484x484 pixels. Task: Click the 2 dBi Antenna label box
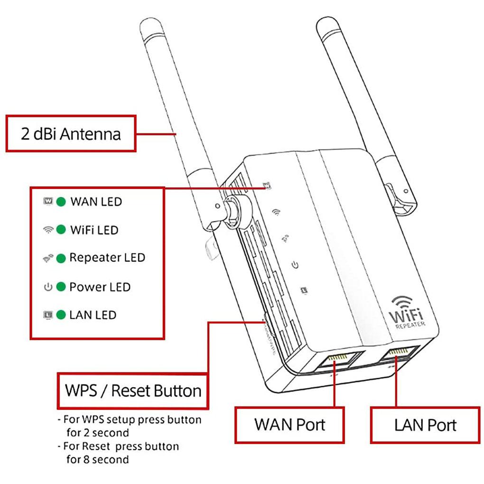71,133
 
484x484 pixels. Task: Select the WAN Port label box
290,424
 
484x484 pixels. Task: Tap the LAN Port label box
425,425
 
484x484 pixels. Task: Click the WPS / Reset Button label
133,391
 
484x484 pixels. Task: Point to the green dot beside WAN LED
61,202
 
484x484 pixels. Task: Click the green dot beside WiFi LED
61,230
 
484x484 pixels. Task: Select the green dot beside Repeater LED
61,258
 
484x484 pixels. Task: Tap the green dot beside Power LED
61,287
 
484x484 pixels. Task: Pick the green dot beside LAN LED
61,315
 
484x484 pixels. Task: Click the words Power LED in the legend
100,287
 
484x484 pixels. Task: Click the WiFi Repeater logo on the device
407,312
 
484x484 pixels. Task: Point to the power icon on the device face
295,264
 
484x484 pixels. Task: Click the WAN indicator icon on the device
267,185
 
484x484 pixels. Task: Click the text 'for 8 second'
97,459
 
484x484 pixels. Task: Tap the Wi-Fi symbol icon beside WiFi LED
48,230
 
